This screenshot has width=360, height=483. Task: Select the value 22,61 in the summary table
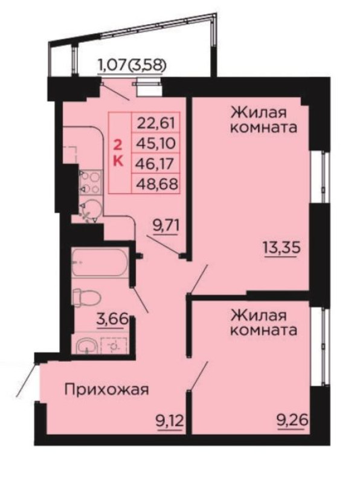click(x=156, y=123)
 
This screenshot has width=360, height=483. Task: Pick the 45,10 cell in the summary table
click(x=156, y=143)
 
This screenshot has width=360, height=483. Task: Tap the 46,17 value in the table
click(x=156, y=164)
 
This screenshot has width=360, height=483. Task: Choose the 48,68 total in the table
click(x=157, y=184)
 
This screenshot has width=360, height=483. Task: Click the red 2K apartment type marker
click(x=118, y=152)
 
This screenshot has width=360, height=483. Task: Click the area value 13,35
click(x=281, y=247)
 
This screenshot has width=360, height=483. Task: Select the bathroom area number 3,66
click(x=112, y=319)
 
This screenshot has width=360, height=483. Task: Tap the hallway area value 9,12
click(x=170, y=421)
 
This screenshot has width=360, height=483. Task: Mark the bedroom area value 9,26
click(x=292, y=421)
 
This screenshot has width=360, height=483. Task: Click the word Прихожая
click(x=107, y=390)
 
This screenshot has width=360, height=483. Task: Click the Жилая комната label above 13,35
click(x=264, y=120)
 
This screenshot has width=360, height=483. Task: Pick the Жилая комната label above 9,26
click(x=264, y=322)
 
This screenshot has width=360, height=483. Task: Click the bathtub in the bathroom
click(x=100, y=263)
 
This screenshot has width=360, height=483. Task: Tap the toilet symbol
click(x=86, y=298)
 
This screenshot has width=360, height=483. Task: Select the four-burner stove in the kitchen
click(x=91, y=182)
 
